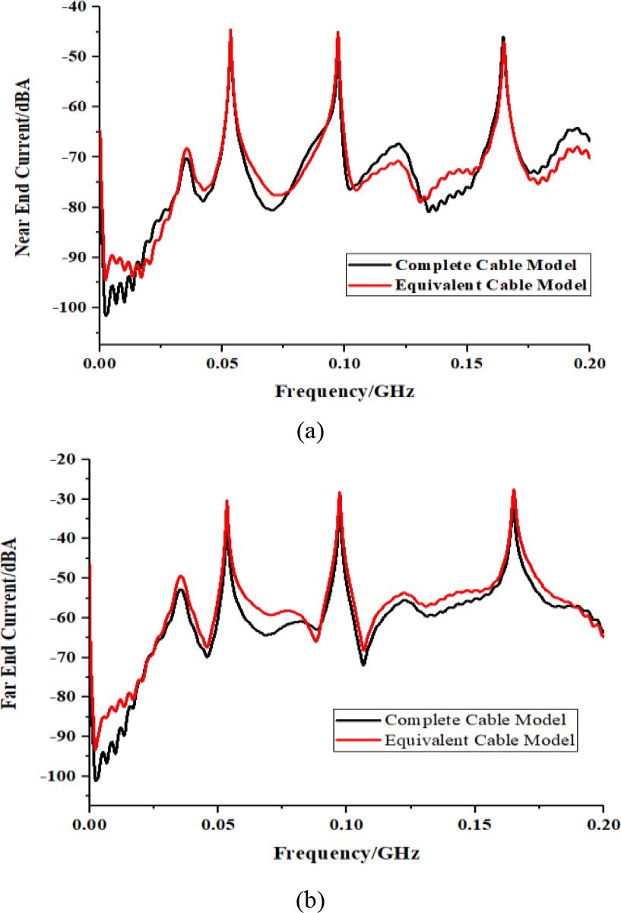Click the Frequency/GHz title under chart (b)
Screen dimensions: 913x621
[x=345, y=854]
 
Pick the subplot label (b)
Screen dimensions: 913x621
[x=312, y=900]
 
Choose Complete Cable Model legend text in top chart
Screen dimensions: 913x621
[x=480, y=266]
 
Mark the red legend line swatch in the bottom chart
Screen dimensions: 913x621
[x=356, y=740]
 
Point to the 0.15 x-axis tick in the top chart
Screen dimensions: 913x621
[x=467, y=364]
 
